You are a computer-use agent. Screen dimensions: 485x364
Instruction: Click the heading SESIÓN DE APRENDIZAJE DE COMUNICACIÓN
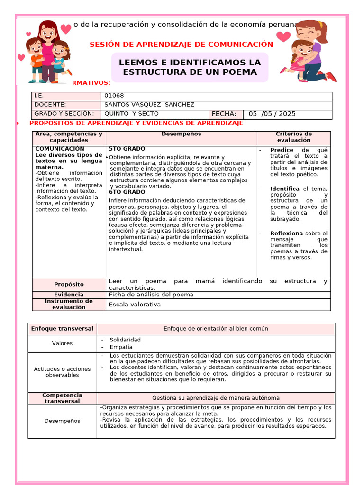pos(181,45)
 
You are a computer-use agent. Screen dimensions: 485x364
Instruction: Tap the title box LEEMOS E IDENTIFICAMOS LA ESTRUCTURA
pos(190,67)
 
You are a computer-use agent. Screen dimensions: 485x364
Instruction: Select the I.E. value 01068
pos(114,96)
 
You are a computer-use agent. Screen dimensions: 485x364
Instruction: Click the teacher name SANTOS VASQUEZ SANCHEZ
pos(149,105)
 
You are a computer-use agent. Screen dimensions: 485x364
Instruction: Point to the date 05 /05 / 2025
pos(272,114)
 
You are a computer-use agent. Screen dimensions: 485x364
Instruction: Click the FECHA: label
pos(224,114)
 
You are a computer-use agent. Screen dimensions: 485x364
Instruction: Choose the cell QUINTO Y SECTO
pos(131,114)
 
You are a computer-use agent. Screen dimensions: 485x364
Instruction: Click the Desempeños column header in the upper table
pos(181,134)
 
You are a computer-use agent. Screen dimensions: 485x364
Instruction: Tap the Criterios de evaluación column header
pos(294,137)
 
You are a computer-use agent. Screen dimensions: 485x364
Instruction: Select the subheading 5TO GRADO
pos(127,149)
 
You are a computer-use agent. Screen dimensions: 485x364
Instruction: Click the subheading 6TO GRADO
pos(127,192)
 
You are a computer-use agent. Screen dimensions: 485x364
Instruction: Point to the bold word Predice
pos(282,150)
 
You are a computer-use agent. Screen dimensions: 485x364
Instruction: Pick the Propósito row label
pos(69,284)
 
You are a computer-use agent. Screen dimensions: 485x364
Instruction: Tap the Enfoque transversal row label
pos(62,329)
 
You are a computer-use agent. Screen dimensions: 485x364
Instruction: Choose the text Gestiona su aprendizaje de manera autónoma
pos(216,398)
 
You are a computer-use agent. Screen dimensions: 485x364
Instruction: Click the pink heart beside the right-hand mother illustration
pos(283,36)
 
